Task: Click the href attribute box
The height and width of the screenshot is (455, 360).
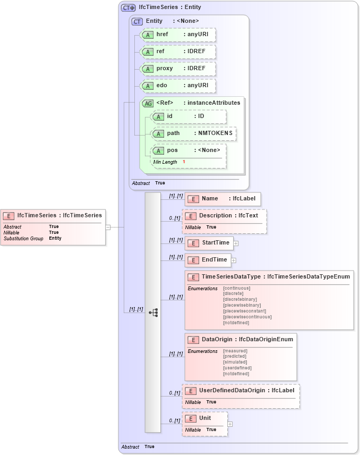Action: [x=178, y=35]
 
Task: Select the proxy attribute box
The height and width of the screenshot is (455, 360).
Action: [x=178, y=69]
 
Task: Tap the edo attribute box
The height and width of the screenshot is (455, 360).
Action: [x=178, y=86]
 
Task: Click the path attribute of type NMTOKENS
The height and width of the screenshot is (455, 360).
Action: [x=194, y=133]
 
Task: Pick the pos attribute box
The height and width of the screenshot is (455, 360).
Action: [x=188, y=150]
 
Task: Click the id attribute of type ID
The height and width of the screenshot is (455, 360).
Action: [x=188, y=116]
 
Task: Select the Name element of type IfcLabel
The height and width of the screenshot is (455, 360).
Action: [x=222, y=199]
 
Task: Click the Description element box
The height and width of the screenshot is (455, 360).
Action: [x=224, y=216]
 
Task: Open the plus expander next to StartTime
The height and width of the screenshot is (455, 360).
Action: [x=236, y=243]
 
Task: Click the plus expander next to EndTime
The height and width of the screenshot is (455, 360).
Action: [x=234, y=260]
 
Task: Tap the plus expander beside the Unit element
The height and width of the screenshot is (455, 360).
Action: [x=230, y=424]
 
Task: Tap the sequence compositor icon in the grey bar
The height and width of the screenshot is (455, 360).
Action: [x=153, y=313]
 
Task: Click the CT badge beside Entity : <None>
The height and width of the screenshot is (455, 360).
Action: [x=137, y=21]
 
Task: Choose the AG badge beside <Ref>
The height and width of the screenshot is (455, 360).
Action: [x=148, y=103]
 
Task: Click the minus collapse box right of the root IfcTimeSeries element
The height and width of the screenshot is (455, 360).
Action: [x=108, y=227]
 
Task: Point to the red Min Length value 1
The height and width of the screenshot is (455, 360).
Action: [x=184, y=162]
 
